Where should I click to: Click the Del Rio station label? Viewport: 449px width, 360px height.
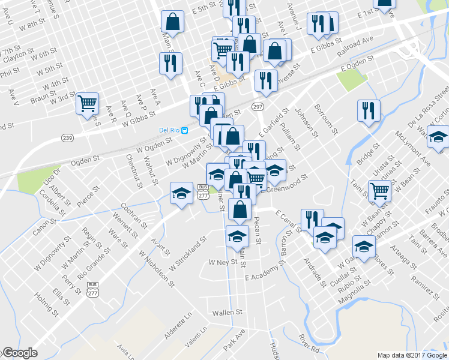click(x=169, y=130)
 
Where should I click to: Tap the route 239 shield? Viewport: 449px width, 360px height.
click(x=65, y=137)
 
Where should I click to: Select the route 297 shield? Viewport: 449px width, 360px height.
click(x=258, y=106)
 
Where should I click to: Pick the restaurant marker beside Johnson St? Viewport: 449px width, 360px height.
click(x=368, y=110)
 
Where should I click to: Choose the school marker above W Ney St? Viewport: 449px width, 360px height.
click(x=238, y=236)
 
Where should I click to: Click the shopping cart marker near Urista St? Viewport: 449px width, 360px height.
click(x=380, y=191)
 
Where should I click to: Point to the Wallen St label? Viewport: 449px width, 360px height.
click(x=227, y=313)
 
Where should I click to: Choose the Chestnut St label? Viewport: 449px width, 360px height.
click(x=133, y=171)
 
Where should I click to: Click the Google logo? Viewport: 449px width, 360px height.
click(x=20, y=352)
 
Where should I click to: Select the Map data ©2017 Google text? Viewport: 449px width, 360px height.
click(x=412, y=355)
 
